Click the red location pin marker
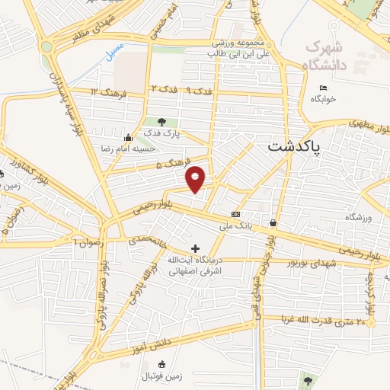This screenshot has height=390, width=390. (x=197, y=178)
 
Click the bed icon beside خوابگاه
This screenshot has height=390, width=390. (x=324, y=87)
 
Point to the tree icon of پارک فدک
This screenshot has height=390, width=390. (x=161, y=121)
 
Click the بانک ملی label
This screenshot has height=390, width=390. (x=235, y=226)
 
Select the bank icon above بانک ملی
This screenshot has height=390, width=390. (x=235, y=214)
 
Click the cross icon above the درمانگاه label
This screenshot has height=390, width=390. (x=196, y=248)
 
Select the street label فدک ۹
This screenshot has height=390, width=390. (x=200, y=91)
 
